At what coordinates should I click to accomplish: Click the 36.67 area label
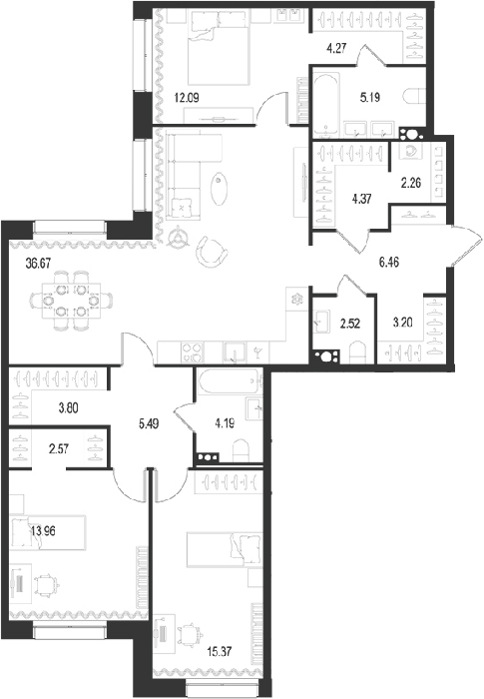tap(38, 264)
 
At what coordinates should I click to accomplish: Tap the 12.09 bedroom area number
tap(187, 98)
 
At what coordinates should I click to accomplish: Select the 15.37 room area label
tap(220, 651)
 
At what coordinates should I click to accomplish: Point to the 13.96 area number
tap(43, 530)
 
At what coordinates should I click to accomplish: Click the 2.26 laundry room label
tap(411, 183)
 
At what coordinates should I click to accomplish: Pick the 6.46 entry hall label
tap(388, 262)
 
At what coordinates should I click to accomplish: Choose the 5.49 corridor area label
tap(150, 423)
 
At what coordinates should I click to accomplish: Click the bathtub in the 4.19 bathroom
tap(229, 381)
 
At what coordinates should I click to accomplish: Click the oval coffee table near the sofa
tap(219, 188)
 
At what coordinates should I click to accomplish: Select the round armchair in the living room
tap(212, 251)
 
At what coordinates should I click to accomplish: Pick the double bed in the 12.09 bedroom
tap(219, 48)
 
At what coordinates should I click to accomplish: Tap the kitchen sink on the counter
tap(235, 352)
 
